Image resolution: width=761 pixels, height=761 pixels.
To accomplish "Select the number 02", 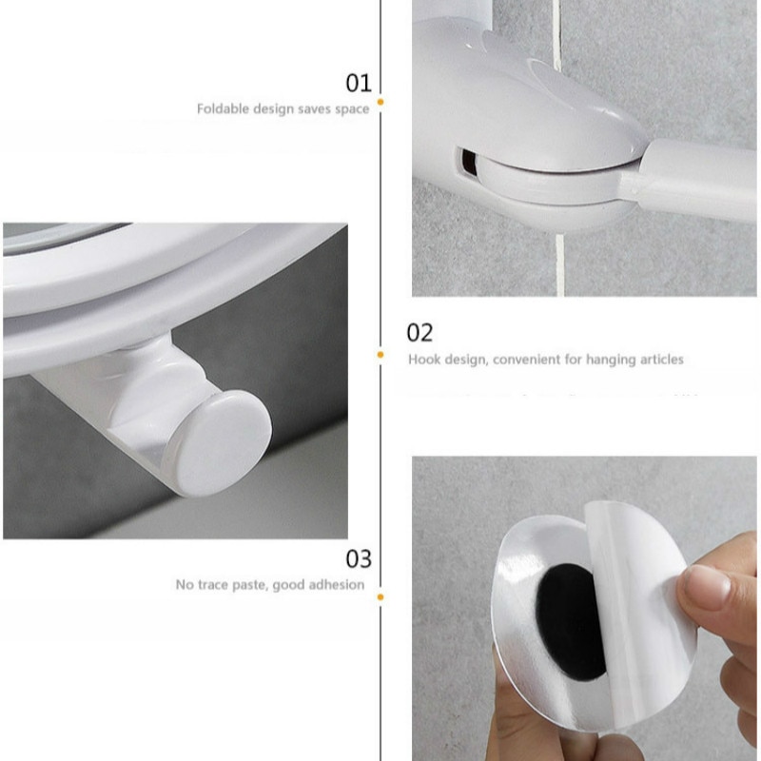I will coord(420,332).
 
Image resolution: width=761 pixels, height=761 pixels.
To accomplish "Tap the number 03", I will coord(358,557).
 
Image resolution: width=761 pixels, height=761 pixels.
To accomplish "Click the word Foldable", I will coord(223,108).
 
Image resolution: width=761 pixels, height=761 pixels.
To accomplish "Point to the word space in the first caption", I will coord(352,109).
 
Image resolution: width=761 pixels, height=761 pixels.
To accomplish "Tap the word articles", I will coord(656,360).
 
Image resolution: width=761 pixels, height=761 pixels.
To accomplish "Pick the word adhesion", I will coord(336,585).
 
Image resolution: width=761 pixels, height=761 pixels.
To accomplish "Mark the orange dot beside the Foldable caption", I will coord(380,100).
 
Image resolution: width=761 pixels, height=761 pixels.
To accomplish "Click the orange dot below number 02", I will coord(380,355).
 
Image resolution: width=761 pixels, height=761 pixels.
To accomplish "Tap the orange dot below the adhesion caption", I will coord(380,597).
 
